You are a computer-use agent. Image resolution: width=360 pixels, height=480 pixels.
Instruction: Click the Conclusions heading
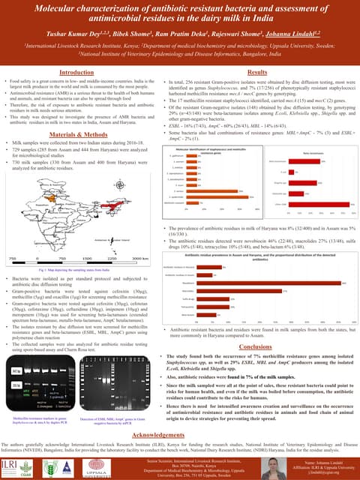tap(255, 347)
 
